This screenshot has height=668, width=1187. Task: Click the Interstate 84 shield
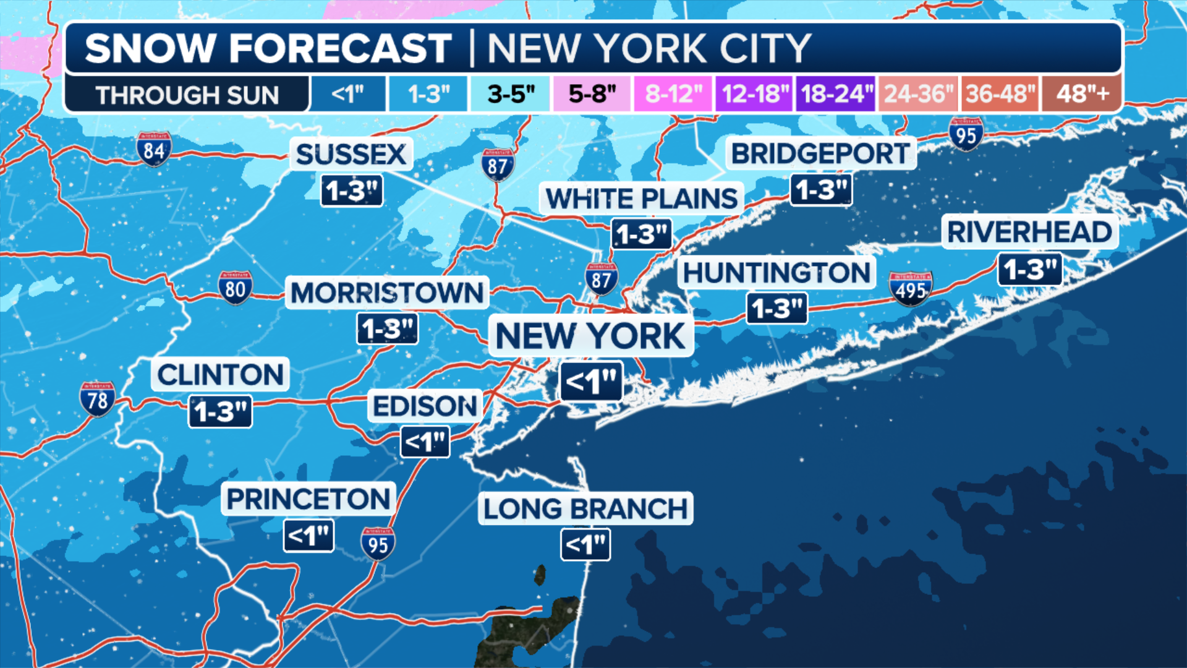(x=153, y=149)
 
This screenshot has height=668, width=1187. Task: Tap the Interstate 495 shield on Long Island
(x=910, y=288)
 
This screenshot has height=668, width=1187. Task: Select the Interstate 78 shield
(x=97, y=399)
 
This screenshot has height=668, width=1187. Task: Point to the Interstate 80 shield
(x=235, y=288)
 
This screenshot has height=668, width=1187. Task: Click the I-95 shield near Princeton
(x=378, y=544)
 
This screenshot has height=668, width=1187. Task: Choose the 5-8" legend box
(x=592, y=94)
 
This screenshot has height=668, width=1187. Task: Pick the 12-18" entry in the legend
(x=755, y=94)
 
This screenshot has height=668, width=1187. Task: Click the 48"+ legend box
(x=1082, y=94)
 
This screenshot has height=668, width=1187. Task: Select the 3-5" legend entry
(x=510, y=94)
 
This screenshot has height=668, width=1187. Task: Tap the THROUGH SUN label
(x=187, y=95)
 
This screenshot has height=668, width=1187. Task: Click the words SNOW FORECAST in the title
(x=268, y=48)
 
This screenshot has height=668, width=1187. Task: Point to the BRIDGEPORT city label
(x=820, y=153)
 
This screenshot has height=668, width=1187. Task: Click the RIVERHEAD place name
(x=1029, y=232)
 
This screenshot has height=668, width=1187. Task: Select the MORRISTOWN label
(x=387, y=293)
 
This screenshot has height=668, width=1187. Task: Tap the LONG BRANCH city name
(x=585, y=509)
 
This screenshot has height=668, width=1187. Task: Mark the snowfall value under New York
(x=591, y=382)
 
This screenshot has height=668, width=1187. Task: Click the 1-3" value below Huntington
(x=777, y=308)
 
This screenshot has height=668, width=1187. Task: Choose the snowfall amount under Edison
(x=425, y=442)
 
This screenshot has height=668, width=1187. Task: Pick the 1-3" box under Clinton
(x=220, y=411)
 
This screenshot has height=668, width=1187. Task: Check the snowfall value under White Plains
(x=642, y=234)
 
